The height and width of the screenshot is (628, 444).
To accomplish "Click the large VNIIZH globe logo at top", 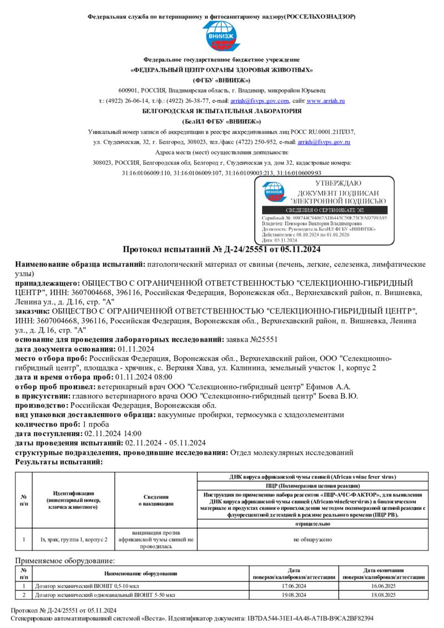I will click(221, 36).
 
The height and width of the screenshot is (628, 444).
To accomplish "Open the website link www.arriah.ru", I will click(326, 101).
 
